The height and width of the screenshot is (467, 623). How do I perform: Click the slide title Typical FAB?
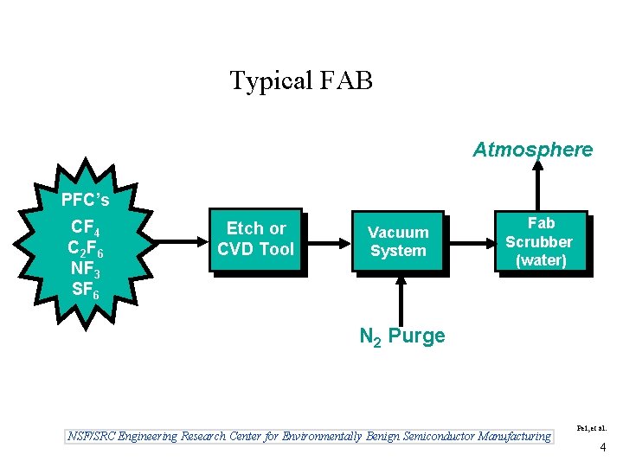[x=301, y=81]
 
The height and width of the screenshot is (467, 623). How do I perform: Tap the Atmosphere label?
[x=532, y=150]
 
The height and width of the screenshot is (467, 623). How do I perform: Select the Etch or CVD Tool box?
[x=256, y=240]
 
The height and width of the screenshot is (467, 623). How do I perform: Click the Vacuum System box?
[x=398, y=242]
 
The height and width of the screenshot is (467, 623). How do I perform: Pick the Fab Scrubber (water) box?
[x=539, y=242]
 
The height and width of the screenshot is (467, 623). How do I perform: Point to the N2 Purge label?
[x=402, y=336]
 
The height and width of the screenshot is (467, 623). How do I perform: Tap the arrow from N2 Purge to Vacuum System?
[x=401, y=298]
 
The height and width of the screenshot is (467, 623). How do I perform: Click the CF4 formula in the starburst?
[x=85, y=229]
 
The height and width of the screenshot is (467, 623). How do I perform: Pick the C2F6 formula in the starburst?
[x=86, y=250]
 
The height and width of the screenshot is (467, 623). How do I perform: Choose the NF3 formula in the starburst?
[x=85, y=271]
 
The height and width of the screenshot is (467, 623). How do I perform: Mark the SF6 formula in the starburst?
[x=85, y=291]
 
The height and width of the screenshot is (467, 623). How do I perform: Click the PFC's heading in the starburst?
[x=85, y=201]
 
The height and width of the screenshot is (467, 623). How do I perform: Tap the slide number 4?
[x=602, y=448]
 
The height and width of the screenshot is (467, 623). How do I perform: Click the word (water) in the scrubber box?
[x=540, y=260]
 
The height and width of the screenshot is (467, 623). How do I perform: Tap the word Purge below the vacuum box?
[x=417, y=336]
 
